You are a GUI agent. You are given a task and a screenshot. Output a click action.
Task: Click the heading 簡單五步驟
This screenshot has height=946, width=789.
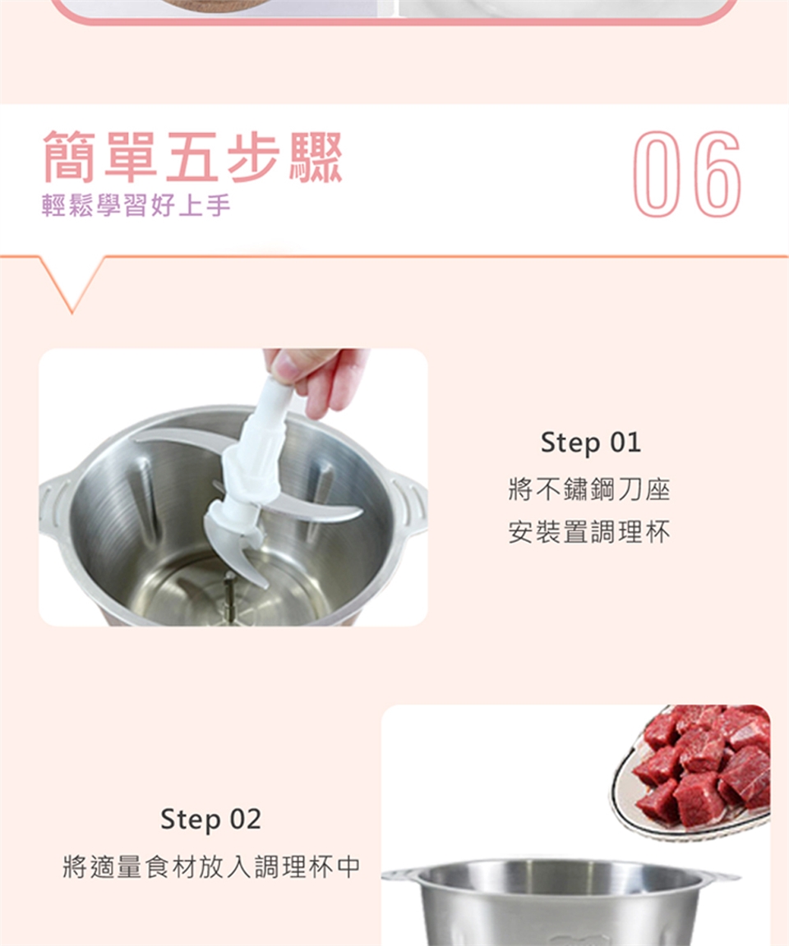coord(192,156)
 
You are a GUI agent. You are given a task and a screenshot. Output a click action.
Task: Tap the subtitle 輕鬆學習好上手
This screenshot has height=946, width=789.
coord(136,206)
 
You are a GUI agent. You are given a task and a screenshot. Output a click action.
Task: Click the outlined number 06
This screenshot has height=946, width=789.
coord(687,174)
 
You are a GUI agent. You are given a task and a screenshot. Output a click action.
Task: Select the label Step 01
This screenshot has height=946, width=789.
coord(590,443)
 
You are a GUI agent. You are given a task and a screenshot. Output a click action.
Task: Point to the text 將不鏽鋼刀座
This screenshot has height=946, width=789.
coord(590,489)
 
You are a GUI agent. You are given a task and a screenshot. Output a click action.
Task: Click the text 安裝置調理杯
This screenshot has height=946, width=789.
coord(590,532)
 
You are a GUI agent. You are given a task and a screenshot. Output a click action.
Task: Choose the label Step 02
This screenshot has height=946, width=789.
coord(210,820)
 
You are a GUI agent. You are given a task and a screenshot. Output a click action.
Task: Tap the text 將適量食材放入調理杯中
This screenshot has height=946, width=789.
coord(211,866)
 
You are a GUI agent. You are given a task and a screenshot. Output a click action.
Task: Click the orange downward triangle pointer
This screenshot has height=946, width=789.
coord(72,283)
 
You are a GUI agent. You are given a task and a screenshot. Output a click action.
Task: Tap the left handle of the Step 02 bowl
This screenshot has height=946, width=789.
coord(399,875)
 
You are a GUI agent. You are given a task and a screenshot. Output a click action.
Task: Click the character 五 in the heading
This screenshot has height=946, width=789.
coord(192,156)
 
